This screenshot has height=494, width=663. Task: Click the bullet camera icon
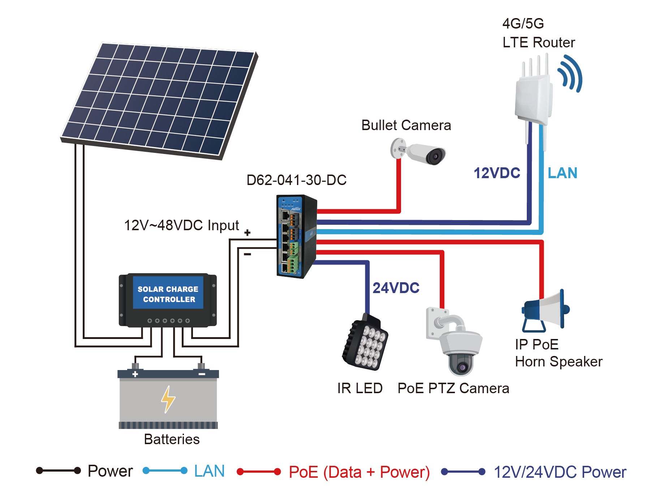419,152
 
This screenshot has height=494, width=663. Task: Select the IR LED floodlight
365,343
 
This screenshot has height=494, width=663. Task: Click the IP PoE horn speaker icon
545,311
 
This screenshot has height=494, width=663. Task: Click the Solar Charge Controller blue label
168,293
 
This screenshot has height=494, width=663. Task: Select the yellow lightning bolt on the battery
168,399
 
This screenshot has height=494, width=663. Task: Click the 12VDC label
497,173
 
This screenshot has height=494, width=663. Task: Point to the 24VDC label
396,288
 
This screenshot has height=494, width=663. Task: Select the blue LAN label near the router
563,173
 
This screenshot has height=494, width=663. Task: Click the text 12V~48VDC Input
181,225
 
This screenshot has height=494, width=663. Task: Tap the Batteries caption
172,439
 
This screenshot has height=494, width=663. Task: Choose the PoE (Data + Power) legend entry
359,472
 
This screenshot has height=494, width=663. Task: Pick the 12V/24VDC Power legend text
560,472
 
